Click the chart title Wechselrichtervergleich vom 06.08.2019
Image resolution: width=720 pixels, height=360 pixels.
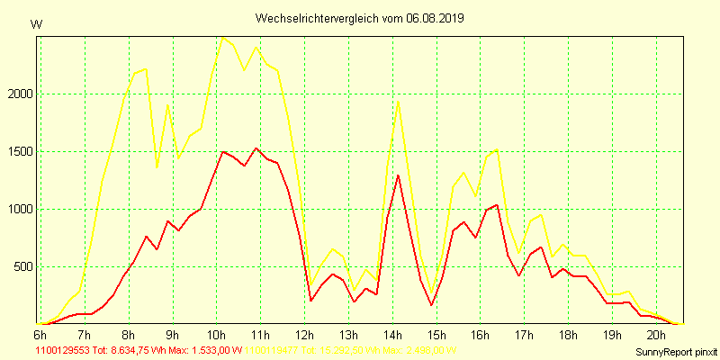[x=360, y=18]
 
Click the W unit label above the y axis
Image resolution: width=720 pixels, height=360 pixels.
[x=36, y=24]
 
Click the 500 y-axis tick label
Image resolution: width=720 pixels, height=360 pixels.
[x=22, y=267]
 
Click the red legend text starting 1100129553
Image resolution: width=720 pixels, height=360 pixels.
[x=139, y=350]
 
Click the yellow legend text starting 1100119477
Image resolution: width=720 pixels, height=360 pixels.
[x=351, y=350]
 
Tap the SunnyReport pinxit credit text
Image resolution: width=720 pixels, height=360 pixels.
[x=675, y=350]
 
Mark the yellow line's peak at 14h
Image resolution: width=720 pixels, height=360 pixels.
[x=398, y=100]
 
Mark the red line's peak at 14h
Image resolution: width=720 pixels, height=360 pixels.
[x=398, y=175]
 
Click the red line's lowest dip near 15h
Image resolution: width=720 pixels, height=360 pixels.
[x=431, y=305]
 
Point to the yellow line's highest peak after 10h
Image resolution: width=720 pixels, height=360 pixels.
[x=222, y=37]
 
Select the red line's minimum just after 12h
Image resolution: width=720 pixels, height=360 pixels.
[x=310, y=301]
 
